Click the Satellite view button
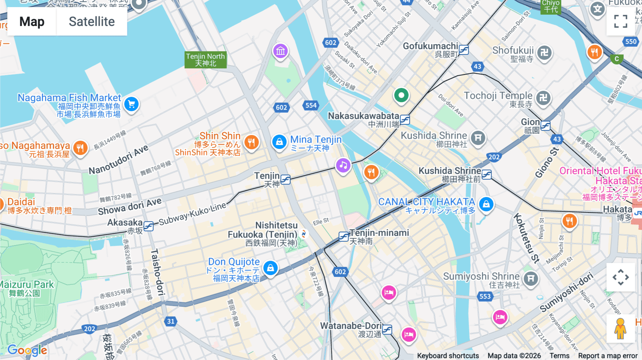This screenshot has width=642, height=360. click(92, 22)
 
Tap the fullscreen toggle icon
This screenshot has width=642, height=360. click(621, 21)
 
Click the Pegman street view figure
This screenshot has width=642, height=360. click(620, 328)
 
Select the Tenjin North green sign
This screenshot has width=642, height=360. click(205, 60)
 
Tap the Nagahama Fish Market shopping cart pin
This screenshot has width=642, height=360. click(131, 104)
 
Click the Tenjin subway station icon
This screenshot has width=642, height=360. click(285, 179)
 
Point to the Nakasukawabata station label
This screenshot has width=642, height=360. click(363, 116)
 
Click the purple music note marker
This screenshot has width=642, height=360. click(343, 165)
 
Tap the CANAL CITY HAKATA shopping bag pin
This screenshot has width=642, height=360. click(486, 204)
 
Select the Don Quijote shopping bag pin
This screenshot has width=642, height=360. click(270, 268)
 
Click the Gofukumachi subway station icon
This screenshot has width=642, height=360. click(464, 50)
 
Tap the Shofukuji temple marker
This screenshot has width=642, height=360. click(544, 53)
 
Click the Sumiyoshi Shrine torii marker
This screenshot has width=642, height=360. click(531, 278)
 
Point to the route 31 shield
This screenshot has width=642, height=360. click(171, 321)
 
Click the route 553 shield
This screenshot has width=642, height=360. click(485, 296)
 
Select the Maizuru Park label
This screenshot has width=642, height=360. click(27, 285)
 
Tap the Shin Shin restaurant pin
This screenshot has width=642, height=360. click(251, 142)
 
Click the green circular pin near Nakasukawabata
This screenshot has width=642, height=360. click(401, 96)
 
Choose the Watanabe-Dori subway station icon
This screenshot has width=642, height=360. click(387, 329)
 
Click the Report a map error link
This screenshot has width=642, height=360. click(607, 356)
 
